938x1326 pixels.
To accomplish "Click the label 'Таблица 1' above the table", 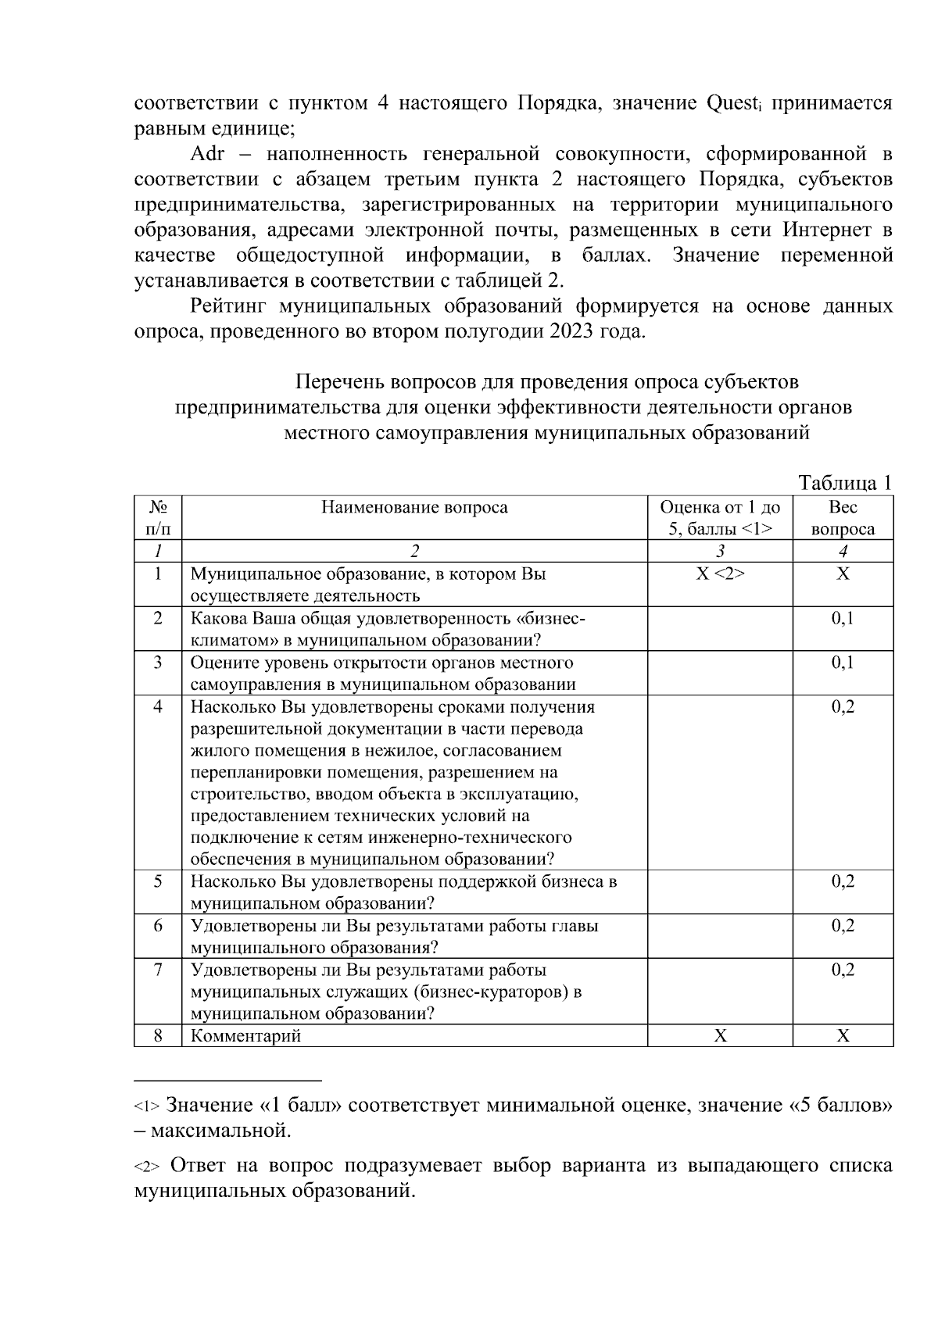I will click(844, 484).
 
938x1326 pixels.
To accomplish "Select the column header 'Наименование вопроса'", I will click(414, 508).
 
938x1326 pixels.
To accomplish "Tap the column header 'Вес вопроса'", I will click(843, 518).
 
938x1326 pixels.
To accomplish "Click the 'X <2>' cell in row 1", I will click(720, 574).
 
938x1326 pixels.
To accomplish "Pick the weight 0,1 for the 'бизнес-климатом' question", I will click(843, 619).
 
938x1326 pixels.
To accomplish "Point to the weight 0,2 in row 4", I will click(843, 707).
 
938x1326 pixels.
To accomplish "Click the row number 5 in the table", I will click(158, 881).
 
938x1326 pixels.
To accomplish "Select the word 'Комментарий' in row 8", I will click(246, 1036).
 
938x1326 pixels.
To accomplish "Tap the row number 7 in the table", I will click(158, 970).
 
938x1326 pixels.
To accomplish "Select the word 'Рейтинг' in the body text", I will click(231, 306).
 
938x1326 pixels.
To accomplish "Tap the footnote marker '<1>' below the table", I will click(147, 1107).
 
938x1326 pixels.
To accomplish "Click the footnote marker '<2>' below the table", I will click(147, 1167).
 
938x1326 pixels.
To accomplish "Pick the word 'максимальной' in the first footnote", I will click(220, 1131).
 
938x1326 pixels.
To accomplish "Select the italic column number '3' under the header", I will click(720, 552).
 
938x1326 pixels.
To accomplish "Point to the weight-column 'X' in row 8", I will click(843, 1036).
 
